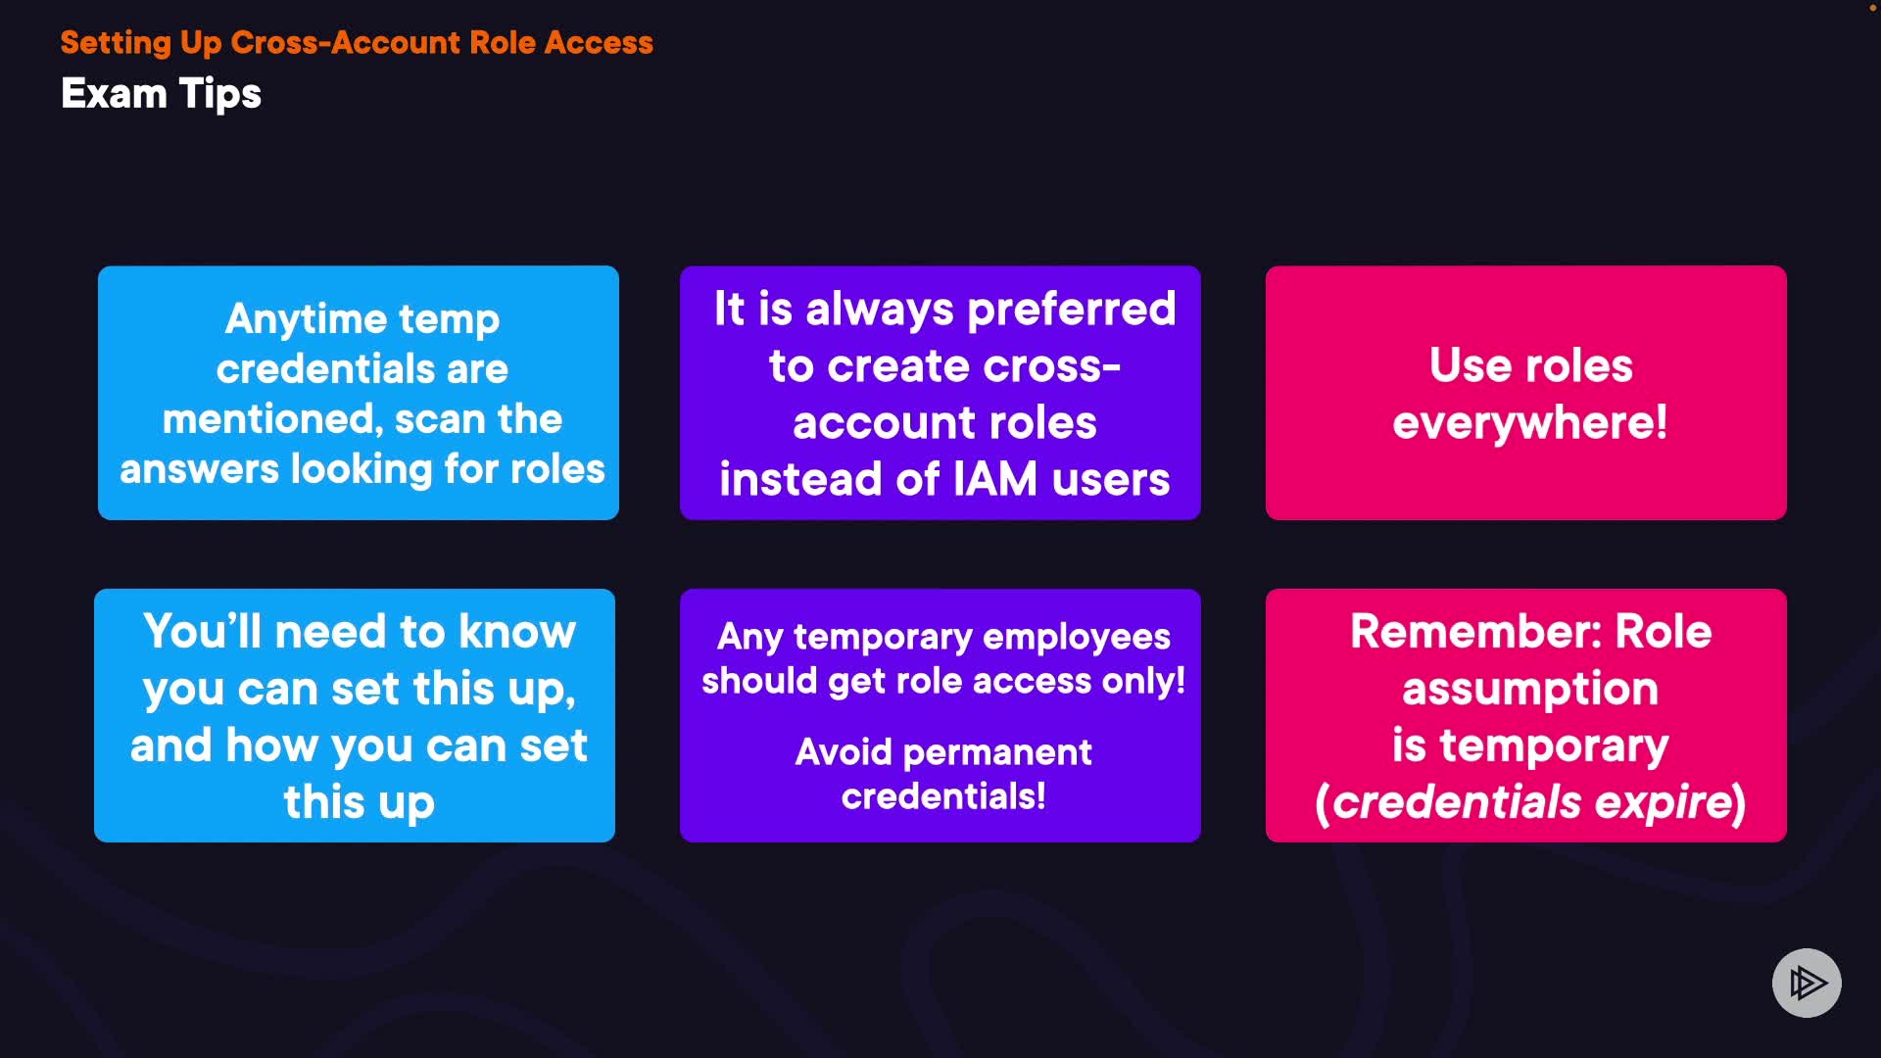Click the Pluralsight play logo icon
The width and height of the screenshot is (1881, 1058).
point(1807,983)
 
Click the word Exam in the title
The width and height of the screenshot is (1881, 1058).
point(114,94)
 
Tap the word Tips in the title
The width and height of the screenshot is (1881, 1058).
point(220,95)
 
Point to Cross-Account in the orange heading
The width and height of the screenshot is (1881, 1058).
point(345,43)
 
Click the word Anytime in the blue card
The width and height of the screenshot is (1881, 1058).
point(306,319)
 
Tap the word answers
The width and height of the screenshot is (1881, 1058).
point(199,469)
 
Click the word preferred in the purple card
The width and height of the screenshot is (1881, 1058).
point(1071,310)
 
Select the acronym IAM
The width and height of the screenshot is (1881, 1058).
point(994,480)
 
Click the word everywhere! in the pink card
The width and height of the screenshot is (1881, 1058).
point(1529,423)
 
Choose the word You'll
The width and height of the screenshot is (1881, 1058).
point(202,632)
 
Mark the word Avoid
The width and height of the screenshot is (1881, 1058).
point(844,752)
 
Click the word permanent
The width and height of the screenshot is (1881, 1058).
point(996,752)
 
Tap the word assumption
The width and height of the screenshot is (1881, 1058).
point(1529,689)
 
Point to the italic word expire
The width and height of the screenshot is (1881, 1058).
point(1664,802)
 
